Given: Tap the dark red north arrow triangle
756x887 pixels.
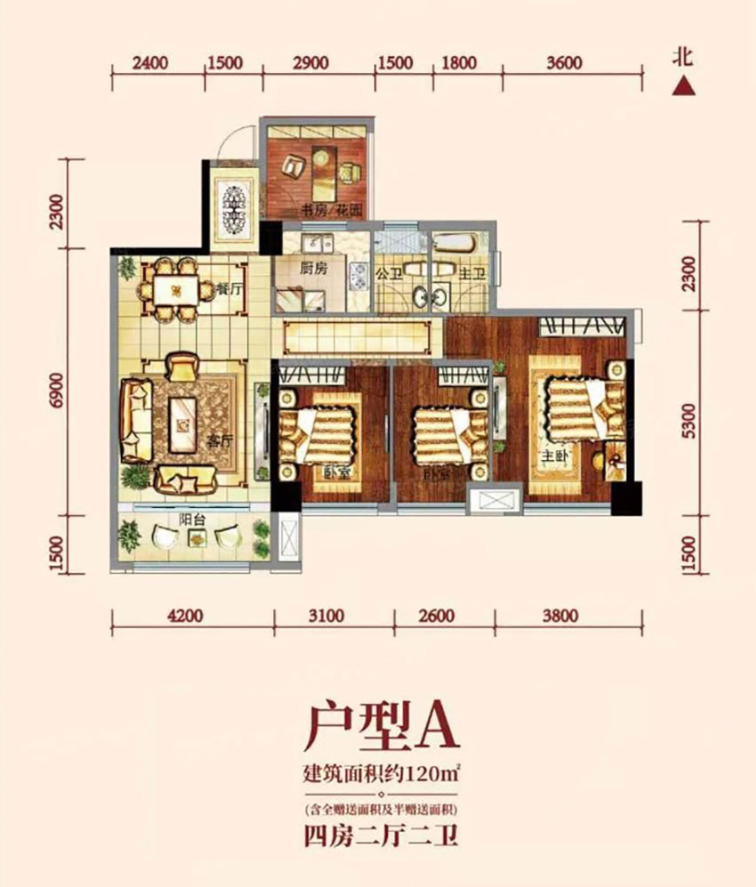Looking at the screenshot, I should [682, 85].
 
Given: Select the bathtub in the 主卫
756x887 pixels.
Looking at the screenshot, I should [456, 241].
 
